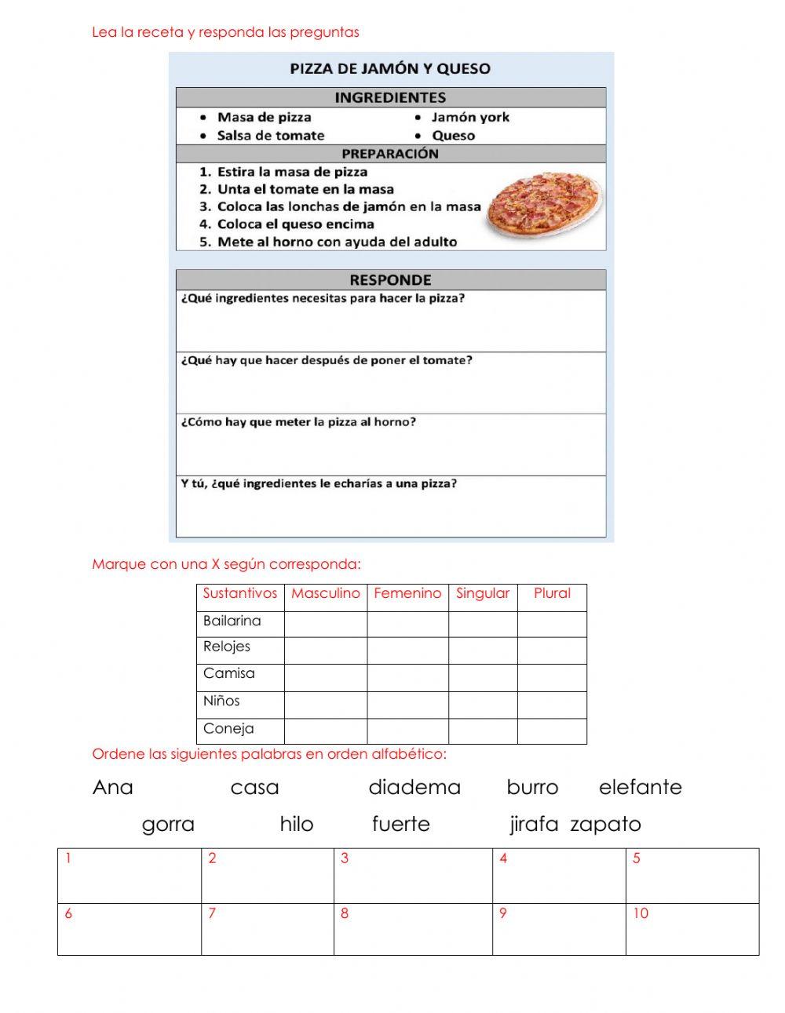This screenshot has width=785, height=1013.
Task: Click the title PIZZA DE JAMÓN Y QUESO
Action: pyautogui.click(x=390, y=69)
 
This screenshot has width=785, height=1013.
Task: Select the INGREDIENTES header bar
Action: pyautogui.click(x=390, y=97)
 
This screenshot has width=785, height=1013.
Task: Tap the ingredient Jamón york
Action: pyautogui.click(x=469, y=117)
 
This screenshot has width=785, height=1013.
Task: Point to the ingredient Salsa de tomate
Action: pyautogui.click(x=270, y=135)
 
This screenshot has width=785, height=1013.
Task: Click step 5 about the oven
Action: pyautogui.click(x=336, y=242)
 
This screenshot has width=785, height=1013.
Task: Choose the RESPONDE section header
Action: pyautogui.click(x=390, y=280)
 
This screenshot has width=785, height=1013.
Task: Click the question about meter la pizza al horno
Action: pyautogui.click(x=298, y=422)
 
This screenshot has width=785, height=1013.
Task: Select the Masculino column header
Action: pyautogui.click(x=325, y=594)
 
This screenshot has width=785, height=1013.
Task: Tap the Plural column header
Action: pyautogui.click(x=552, y=594)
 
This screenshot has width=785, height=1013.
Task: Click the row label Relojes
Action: pyautogui.click(x=227, y=647)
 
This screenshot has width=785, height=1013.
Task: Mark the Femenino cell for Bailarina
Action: pyautogui.click(x=407, y=624)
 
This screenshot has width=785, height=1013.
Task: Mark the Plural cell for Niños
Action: pyautogui.click(x=552, y=705)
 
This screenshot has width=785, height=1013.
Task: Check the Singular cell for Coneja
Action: pyautogui.click(x=483, y=731)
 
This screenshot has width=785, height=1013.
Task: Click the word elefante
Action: pyautogui.click(x=640, y=787)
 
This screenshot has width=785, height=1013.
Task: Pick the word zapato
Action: pyautogui.click(x=605, y=824)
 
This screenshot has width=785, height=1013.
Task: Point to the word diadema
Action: pyautogui.click(x=414, y=787)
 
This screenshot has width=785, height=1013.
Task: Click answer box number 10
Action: pyautogui.click(x=692, y=929)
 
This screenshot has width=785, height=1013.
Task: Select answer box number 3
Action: pyautogui.click(x=413, y=876)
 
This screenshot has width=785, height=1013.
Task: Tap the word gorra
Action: pyautogui.click(x=168, y=824)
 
